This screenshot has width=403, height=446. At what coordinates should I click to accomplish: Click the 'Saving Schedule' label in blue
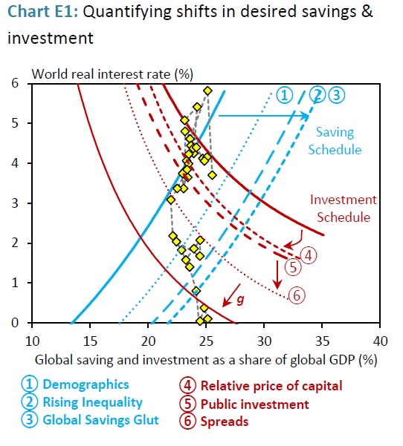[336, 141]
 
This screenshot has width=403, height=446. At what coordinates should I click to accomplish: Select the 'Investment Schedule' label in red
[344, 209]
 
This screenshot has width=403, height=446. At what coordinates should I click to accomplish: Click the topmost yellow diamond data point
[207, 91]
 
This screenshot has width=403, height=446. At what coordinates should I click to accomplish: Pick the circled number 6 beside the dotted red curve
[297, 295]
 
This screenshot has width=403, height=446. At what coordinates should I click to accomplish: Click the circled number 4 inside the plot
[309, 254]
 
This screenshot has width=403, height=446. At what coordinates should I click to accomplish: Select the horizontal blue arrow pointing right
[264, 116]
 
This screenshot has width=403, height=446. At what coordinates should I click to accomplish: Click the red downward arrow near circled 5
[277, 275]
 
